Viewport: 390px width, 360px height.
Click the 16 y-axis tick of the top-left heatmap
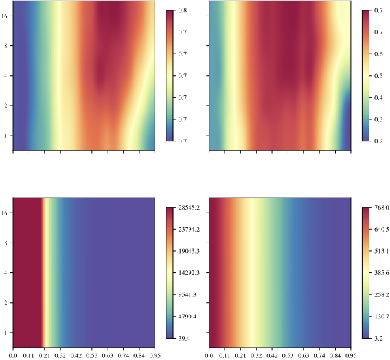click(6, 17)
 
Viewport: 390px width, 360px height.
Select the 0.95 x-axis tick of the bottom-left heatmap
click(155, 355)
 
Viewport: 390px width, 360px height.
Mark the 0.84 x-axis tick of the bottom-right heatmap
click(336, 355)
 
